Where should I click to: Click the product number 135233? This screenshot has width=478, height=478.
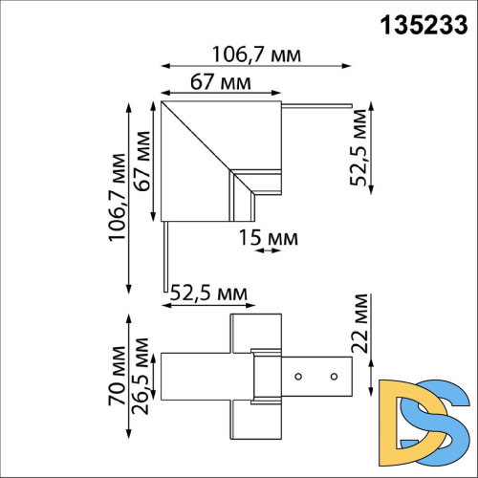422,24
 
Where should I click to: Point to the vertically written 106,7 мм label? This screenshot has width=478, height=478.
116,197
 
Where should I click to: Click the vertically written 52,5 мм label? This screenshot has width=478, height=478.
359,151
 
